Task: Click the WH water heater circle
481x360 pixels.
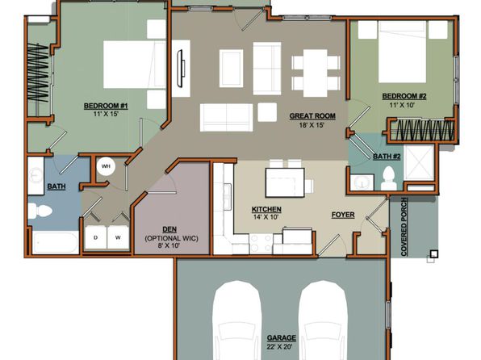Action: pyautogui.click(x=106, y=166)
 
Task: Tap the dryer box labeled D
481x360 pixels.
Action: pyautogui.click(x=96, y=237)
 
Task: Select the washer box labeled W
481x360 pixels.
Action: pyautogui.click(x=118, y=237)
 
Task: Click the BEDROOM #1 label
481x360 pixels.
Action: pyautogui.click(x=106, y=107)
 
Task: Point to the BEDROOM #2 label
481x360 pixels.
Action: pyautogui.click(x=404, y=96)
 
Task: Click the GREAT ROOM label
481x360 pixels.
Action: pyautogui.click(x=312, y=116)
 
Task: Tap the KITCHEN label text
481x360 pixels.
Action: pyautogui.click(x=266, y=209)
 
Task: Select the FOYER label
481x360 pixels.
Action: pyautogui.click(x=343, y=215)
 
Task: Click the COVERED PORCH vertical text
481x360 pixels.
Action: pyautogui.click(x=404, y=227)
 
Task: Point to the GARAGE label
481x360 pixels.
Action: pyautogui.click(x=282, y=338)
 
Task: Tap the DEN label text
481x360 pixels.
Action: pyautogui.click(x=169, y=229)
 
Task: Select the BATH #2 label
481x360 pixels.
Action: pyautogui.click(x=387, y=157)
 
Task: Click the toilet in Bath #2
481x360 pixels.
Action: pyautogui.click(x=388, y=178)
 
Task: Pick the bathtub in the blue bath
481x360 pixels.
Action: pyautogui.click(x=56, y=242)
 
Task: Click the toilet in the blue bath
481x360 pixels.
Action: pyautogui.click(x=40, y=210)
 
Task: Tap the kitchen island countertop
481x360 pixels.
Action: pyautogui.click(x=285, y=182)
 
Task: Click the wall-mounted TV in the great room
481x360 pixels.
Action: pyautogui.click(x=180, y=69)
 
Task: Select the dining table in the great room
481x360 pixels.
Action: pyautogui.click(x=316, y=73)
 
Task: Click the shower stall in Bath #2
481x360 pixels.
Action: pyautogui.click(x=419, y=163)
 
